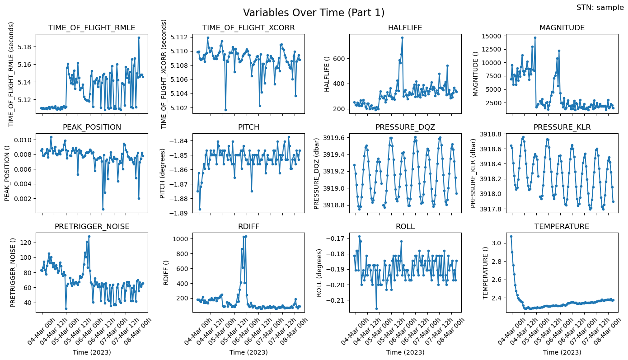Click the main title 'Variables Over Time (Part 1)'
coord(314,13)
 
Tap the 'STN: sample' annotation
coord(600,7)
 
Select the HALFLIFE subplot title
coord(405,28)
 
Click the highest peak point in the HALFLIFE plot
coord(402,37)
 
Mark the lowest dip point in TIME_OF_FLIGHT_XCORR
coord(225,110)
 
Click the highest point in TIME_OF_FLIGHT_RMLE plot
coord(139,37)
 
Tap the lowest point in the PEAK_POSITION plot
coord(103,209)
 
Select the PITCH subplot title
coord(248,127)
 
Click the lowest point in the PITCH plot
coord(200,209)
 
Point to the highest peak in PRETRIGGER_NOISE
coord(89,236)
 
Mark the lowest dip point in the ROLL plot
coord(376,309)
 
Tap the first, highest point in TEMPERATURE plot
coord(511,236)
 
